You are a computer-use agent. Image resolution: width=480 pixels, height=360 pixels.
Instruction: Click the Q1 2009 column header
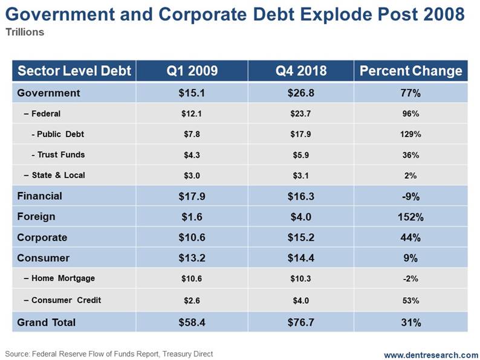[192, 71]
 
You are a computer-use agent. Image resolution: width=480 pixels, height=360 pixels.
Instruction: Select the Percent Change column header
[410, 71]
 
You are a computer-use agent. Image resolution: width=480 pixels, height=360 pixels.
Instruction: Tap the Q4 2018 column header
[300, 71]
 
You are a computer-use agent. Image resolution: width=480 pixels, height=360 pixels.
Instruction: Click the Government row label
[48, 93]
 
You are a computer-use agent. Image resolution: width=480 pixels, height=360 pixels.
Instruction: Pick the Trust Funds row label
[58, 155]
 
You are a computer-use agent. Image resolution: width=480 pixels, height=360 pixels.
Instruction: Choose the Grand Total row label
[47, 323]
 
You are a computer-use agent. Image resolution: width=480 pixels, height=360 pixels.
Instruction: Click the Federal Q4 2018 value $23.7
[300, 114]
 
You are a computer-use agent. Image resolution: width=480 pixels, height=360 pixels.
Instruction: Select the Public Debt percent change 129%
[410, 134]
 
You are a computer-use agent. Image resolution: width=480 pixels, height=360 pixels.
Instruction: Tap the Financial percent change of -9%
[410, 196]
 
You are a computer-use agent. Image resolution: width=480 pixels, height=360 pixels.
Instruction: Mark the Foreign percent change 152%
[410, 217]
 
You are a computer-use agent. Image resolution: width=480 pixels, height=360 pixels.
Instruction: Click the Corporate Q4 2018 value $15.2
[300, 237]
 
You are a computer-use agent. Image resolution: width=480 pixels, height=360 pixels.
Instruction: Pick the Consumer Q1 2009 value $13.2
[192, 258]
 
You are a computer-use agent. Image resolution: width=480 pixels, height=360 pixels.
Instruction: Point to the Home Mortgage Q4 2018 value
[300, 278]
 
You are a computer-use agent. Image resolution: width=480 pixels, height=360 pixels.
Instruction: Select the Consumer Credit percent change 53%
[410, 300]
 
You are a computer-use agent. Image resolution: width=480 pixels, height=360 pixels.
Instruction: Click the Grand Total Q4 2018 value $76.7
[300, 323]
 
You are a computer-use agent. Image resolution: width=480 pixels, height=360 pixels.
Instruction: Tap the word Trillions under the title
[25, 32]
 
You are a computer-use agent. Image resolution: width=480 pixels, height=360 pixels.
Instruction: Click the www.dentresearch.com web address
[430, 355]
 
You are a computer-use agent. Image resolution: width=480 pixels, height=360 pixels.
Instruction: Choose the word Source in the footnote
[18, 353]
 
